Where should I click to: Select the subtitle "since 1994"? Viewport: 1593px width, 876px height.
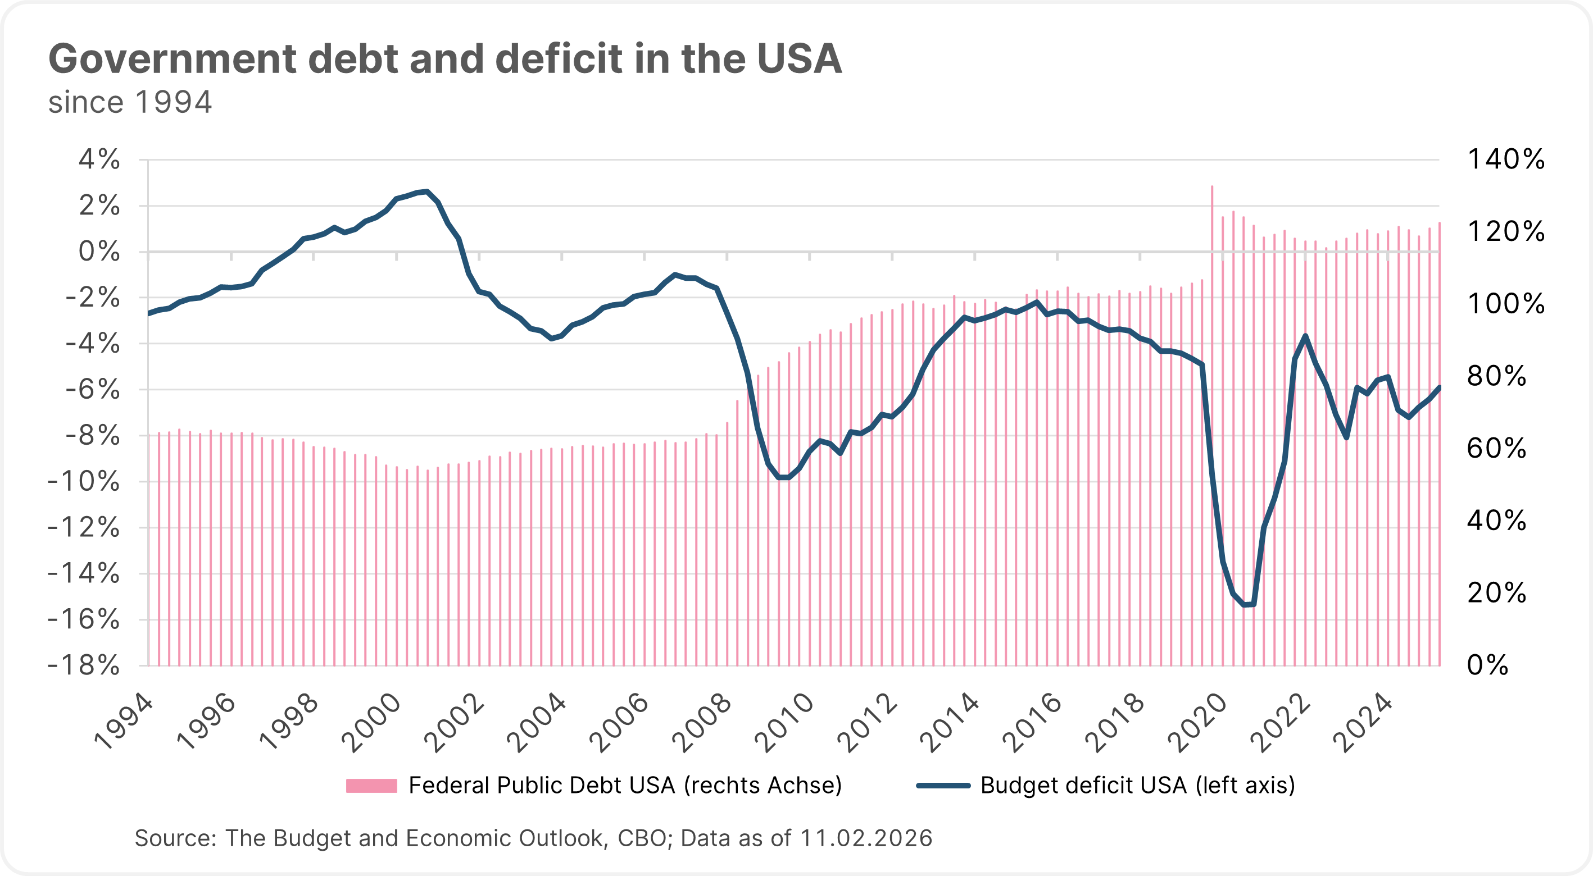pos(130,103)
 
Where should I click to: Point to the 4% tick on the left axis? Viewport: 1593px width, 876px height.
pos(99,159)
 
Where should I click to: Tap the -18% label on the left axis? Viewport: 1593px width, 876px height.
pos(84,666)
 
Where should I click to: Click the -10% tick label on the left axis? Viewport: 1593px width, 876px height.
pos(84,482)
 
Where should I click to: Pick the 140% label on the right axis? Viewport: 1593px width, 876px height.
pos(1506,159)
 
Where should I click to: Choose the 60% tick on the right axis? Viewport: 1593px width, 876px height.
pos(1496,448)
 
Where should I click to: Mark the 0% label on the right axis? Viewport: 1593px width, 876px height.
pos(1488,665)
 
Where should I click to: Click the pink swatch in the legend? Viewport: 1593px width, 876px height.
pos(371,786)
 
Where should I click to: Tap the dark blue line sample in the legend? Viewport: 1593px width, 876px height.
pos(943,786)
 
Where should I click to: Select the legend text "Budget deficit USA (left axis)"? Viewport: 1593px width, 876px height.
pos(1137,786)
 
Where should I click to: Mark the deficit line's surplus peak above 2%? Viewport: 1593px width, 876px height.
pos(426,191)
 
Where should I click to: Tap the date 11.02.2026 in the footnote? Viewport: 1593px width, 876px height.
pos(866,838)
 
